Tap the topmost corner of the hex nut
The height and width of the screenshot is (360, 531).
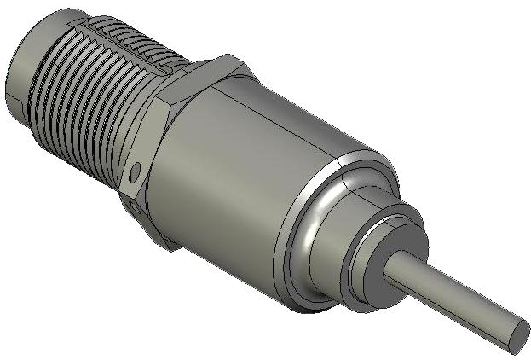(228, 58)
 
